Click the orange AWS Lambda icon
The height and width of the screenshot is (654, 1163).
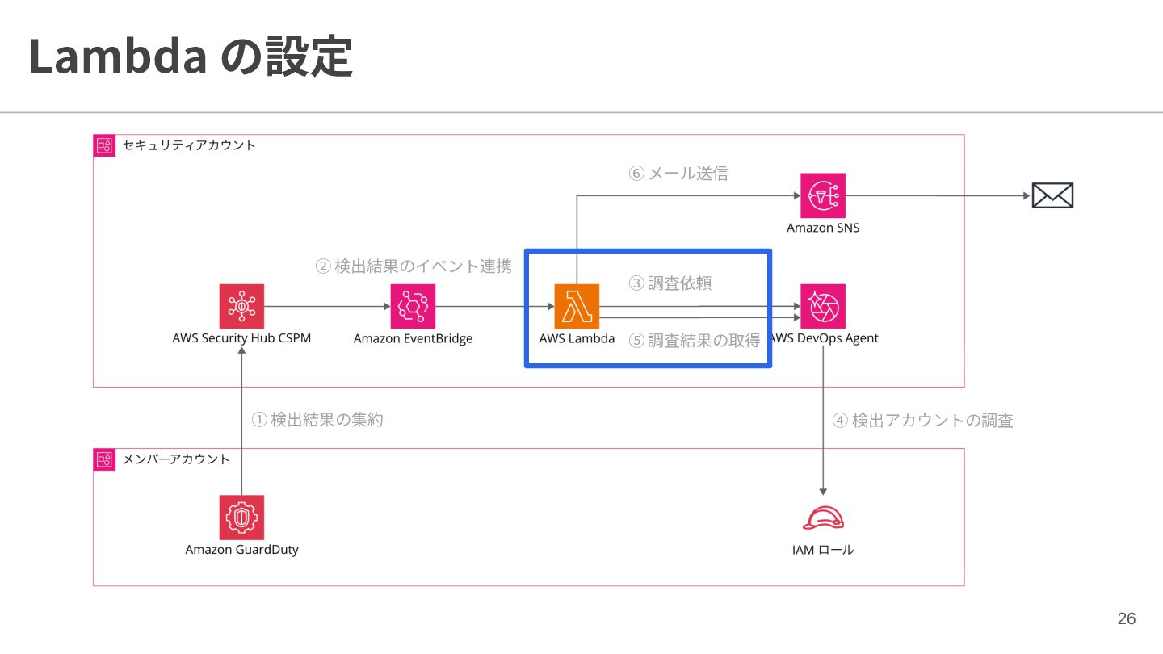[577, 306]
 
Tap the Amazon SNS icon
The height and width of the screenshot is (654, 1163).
[822, 195]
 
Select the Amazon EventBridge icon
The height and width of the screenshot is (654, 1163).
[413, 306]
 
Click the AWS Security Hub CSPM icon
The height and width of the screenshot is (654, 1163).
[241, 306]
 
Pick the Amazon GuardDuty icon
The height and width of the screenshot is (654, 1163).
[241, 518]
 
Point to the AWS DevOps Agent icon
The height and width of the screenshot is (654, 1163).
[822, 306]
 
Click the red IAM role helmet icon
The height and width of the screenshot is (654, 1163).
[823, 518]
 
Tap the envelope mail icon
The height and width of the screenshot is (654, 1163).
[1052, 195]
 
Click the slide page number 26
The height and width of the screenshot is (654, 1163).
[1126, 618]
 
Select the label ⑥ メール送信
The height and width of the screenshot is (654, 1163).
[678, 174]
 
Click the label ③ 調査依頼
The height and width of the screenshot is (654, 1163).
[670, 283]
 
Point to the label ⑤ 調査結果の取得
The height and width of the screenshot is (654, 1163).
[695, 341]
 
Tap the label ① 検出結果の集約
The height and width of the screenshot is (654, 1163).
[317, 419]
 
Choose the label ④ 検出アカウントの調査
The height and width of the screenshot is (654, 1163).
[922, 421]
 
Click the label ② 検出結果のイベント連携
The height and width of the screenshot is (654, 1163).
[414, 266]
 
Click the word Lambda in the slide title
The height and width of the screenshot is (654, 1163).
[119, 56]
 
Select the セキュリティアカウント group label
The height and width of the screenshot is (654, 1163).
[189, 145]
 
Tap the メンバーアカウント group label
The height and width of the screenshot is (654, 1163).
[176, 459]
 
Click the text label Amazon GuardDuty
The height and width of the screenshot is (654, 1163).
[242, 550]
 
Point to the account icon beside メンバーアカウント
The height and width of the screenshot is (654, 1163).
[104, 459]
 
